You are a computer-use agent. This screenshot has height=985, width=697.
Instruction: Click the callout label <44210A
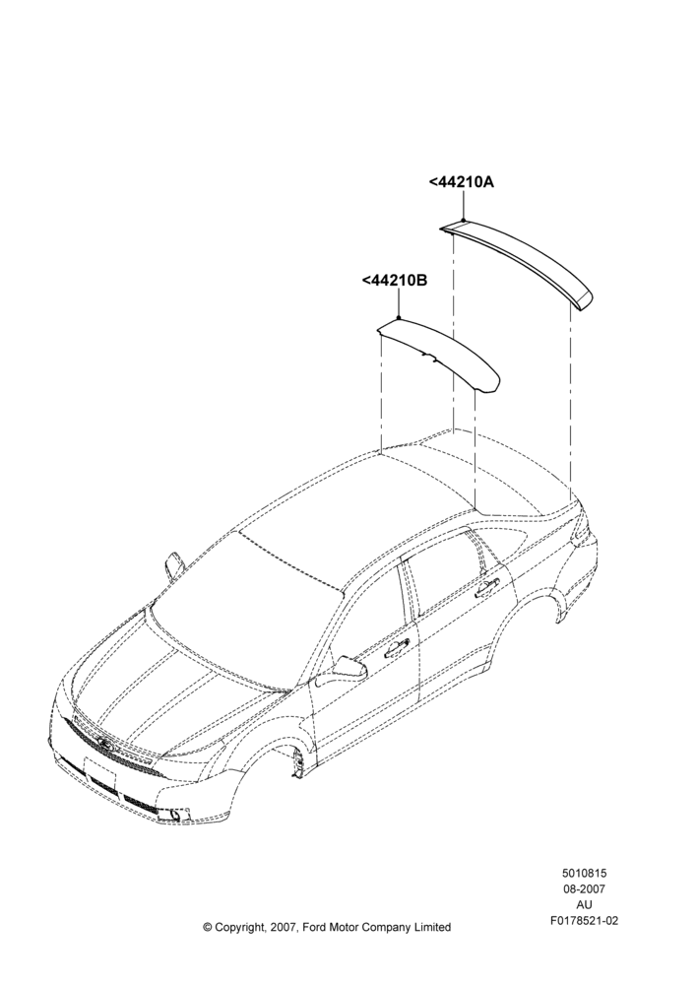462,182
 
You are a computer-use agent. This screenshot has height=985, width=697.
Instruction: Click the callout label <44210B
395,280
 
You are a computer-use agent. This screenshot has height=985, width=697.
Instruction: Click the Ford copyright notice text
327,927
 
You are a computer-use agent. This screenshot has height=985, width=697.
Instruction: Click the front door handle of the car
397,648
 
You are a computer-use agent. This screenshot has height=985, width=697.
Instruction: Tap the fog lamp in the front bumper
169,815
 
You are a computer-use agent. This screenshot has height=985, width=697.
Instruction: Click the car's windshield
245,603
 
